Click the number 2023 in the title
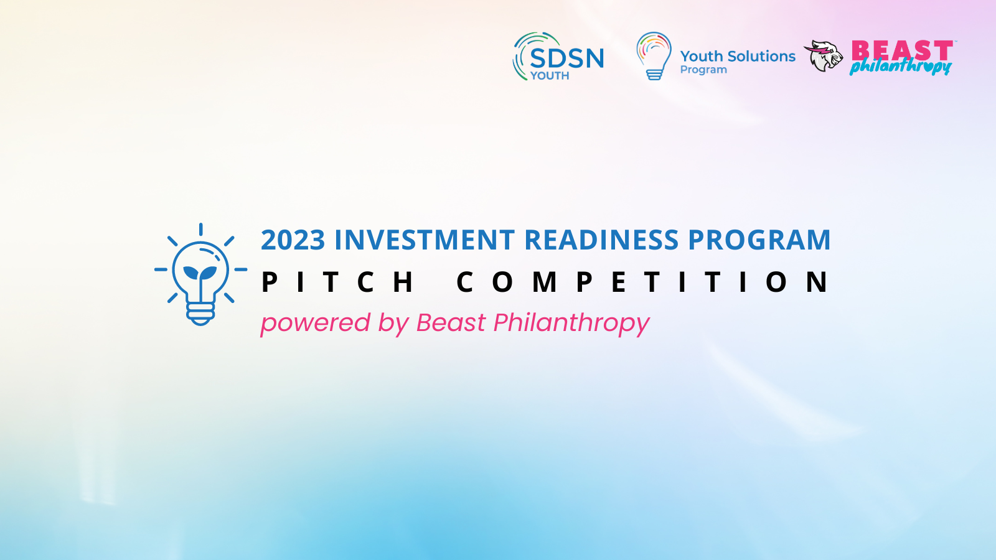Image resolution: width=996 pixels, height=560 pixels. coord(293,240)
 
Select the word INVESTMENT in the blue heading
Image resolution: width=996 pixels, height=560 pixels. coord(425,240)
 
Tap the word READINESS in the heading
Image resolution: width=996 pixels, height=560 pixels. coord(601,240)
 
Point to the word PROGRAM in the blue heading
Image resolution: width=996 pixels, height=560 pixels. coord(759,240)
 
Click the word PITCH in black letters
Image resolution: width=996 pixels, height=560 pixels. coord(337,282)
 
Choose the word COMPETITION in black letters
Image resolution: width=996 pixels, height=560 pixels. coord(642,282)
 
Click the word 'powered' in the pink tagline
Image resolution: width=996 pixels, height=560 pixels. coord(315,323)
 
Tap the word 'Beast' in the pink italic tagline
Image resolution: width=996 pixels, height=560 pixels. coord(451,322)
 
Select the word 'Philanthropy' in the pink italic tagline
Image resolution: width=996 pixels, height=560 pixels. coord(572,323)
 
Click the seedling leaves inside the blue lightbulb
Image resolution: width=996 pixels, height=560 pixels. coord(200,272)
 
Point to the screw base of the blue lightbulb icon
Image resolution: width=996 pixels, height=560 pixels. coord(200,314)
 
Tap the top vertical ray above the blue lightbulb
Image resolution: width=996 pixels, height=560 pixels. coord(201,230)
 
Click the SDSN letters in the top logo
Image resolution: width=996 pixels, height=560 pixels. coord(567,58)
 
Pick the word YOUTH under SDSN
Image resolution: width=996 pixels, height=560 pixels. coord(550,76)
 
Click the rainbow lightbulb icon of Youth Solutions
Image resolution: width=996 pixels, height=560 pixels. coord(654,56)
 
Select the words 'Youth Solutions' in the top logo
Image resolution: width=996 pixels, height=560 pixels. coord(738,57)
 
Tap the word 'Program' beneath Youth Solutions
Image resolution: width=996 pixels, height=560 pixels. coord(703,70)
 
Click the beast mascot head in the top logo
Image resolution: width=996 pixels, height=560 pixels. coord(824,55)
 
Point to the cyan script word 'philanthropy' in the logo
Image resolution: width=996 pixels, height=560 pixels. coord(900,67)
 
